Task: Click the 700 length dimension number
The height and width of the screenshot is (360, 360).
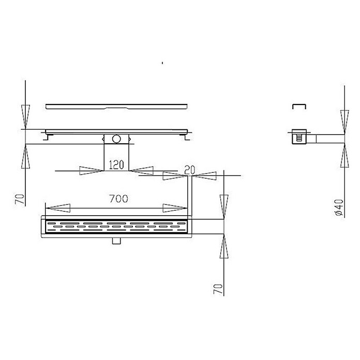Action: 118,199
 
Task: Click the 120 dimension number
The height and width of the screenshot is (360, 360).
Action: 116,165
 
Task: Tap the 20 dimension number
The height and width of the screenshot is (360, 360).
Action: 190,170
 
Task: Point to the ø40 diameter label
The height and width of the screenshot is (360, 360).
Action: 339,207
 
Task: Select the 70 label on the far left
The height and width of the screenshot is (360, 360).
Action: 20,199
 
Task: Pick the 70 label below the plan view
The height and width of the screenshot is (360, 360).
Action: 218,289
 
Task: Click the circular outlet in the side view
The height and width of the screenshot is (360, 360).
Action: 116,139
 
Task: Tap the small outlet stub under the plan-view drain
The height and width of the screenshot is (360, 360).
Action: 116,241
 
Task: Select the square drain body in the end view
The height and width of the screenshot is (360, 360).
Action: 299,137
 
